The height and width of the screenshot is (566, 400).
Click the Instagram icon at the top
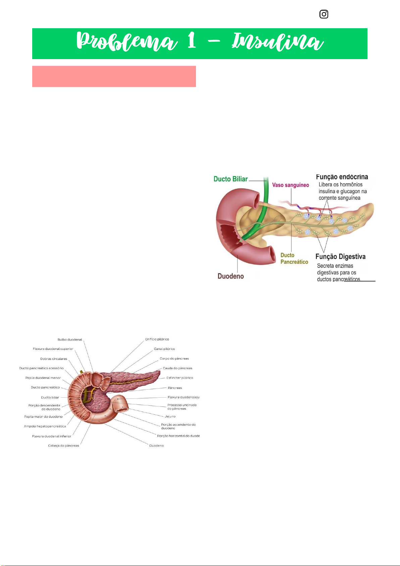324,14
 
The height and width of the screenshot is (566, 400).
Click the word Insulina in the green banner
278,42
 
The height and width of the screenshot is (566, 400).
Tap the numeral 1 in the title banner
192,41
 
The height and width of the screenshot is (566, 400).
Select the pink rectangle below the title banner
114,76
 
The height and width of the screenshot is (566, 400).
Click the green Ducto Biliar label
231,179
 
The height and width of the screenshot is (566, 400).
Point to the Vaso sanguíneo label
291,185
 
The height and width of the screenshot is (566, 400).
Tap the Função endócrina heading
342,177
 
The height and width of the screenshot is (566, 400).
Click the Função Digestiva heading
340,257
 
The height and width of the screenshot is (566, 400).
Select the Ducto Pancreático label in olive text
294,259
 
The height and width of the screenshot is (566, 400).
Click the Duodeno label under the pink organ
231,276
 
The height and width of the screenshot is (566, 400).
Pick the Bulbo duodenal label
70,340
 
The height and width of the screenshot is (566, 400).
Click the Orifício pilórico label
157,339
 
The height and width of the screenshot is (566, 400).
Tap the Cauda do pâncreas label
178,368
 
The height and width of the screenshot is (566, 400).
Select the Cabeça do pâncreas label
63,446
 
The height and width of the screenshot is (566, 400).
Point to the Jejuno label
170,417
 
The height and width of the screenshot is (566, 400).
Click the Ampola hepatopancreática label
45,426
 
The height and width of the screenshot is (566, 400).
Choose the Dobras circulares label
54,359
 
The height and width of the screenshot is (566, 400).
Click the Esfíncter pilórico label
180,378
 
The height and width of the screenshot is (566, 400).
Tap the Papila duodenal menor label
43,378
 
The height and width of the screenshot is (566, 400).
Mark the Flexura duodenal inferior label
52,436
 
